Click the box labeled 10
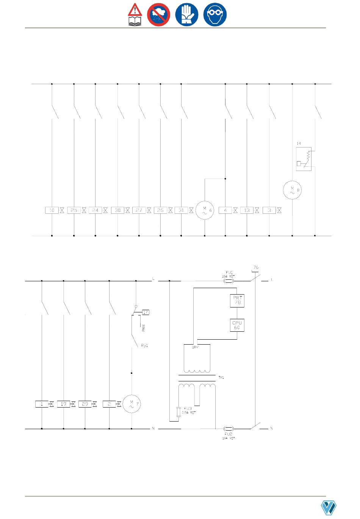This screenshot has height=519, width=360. (x=52, y=210)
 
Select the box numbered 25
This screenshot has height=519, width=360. (x=74, y=210)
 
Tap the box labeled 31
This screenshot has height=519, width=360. (x=181, y=210)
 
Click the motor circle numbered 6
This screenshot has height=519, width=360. (x=205, y=210)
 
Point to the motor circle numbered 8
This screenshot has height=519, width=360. (x=292, y=190)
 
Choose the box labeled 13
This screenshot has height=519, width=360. (x=247, y=210)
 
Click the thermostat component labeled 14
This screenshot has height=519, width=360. (x=304, y=159)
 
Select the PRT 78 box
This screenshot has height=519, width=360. (x=237, y=301)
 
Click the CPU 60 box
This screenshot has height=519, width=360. (x=237, y=325)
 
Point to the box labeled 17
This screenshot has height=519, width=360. (x=146, y=312)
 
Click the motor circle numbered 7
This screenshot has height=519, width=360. (x=131, y=405)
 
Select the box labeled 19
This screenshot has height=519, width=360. (x=63, y=404)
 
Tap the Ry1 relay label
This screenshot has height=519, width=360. (x=144, y=346)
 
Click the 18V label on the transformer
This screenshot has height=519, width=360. (x=195, y=347)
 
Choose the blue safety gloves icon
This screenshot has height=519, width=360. (x=186, y=15)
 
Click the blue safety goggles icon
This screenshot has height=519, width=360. (x=215, y=15)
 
